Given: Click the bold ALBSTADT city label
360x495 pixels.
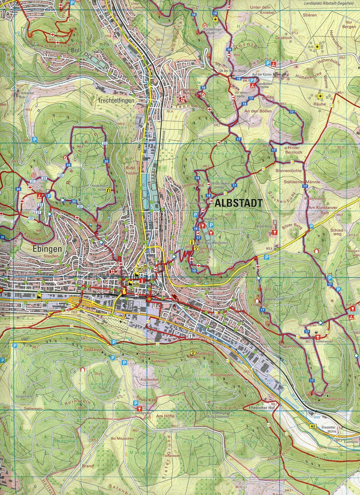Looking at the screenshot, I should coord(238,203).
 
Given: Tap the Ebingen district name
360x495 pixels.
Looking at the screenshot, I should coord(47,249).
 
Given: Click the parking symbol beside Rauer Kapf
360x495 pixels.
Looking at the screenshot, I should coord(135,402).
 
